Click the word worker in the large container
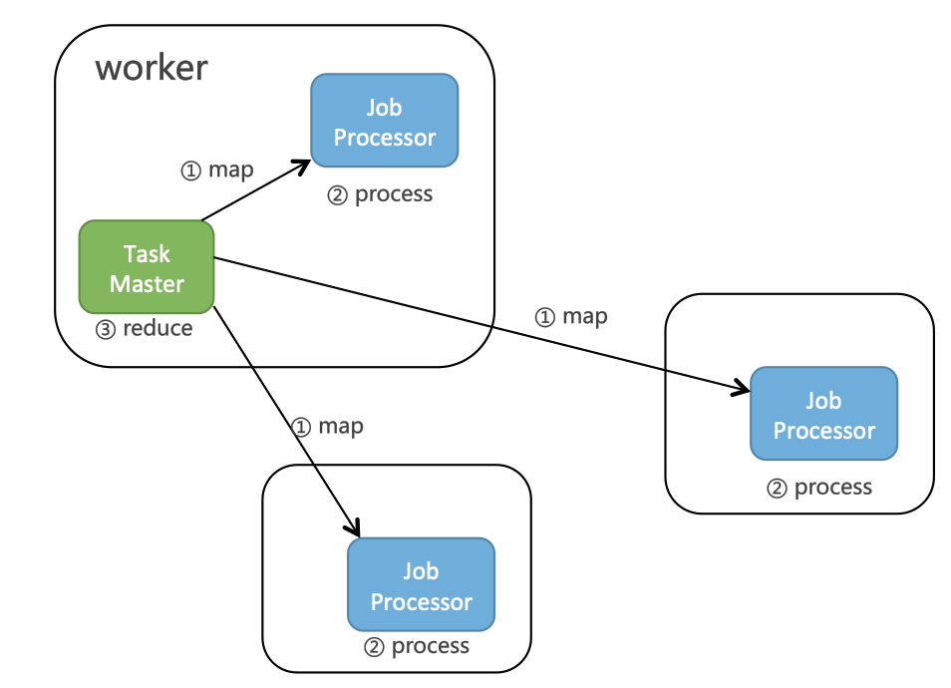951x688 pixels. pos(152,68)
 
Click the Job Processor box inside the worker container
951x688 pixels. pos(384,121)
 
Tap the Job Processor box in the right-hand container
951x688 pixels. pos(823,414)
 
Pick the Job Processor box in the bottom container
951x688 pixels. pos(421,585)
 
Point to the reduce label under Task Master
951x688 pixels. pos(157,328)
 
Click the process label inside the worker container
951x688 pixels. pos(394,193)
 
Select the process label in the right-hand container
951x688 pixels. pos(833,487)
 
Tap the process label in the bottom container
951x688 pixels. pos(431,645)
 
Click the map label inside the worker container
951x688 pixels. pos(230,170)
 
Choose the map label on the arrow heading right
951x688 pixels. pos(585,316)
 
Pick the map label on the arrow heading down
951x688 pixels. pos(340,426)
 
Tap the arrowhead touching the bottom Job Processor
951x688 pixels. pos(352,527)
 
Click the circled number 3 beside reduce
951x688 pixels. pos(106,329)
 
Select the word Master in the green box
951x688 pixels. pos(147,284)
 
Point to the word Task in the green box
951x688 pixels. pos(147,253)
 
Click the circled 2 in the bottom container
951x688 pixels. pos(375,647)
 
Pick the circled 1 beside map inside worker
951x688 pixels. pos(190,171)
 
